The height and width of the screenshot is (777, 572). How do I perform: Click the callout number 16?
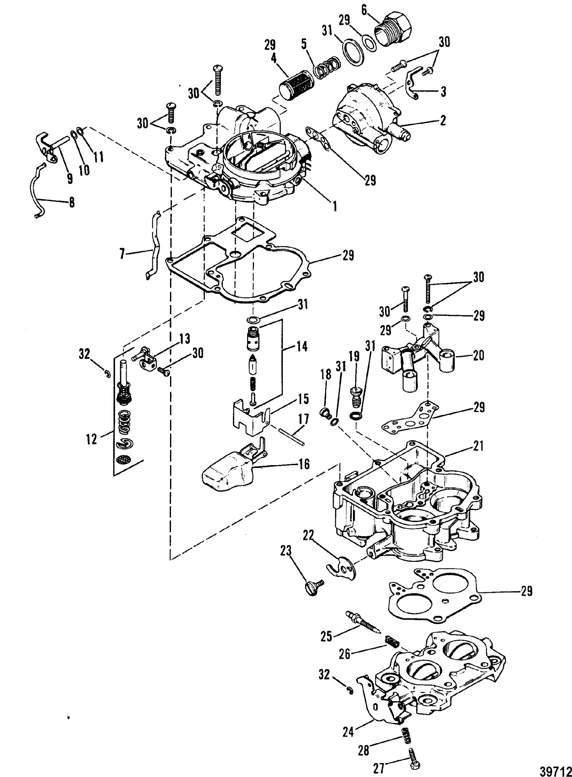tap(304, 464)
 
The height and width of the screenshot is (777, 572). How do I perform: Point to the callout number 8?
tap(72, 202)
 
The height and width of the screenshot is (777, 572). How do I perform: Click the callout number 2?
tap(443, 120)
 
